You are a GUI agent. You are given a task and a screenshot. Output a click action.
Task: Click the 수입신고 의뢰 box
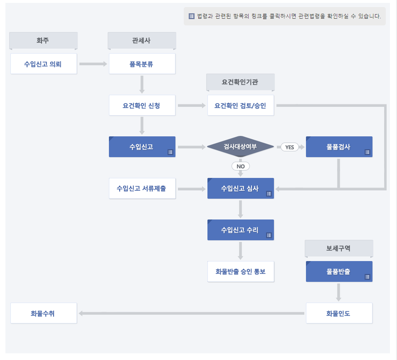pos(44,64)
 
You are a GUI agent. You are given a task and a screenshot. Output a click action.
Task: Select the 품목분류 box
pos(142,64)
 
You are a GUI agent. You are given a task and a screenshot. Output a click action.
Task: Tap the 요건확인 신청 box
pos(142,106)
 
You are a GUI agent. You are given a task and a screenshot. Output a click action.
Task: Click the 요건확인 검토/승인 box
pos(241,106)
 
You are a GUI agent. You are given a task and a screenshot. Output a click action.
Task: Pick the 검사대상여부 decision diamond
pos(240,147)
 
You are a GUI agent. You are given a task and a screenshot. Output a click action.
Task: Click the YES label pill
pos(290,147)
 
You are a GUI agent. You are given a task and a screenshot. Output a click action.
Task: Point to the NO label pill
pos(240,166)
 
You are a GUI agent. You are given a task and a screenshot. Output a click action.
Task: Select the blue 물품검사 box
pos(339,147)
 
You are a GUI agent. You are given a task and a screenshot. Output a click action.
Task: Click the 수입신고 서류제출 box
pos(142,188)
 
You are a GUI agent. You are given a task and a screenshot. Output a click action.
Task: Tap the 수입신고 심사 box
pos(240,188)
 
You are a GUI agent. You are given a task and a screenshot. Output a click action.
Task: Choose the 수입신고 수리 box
pos(240,230)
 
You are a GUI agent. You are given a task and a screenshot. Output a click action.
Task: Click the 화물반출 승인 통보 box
pos(240,272)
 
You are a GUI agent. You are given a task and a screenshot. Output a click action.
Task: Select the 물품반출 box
pos(339,272)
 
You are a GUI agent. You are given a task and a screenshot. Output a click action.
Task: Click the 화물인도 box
pos(339,313)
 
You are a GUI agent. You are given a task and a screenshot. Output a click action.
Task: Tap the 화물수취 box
pos(44,313)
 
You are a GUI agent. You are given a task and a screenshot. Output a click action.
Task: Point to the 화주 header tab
pos(44,40)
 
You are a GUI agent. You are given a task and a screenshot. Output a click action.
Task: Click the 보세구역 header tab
pos(339,248)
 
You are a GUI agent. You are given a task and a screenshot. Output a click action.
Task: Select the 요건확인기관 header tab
pos(240,82)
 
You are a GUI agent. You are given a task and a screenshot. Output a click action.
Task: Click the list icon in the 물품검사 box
pos(367,152)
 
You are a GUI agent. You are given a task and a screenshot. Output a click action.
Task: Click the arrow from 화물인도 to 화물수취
pos(191,313)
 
